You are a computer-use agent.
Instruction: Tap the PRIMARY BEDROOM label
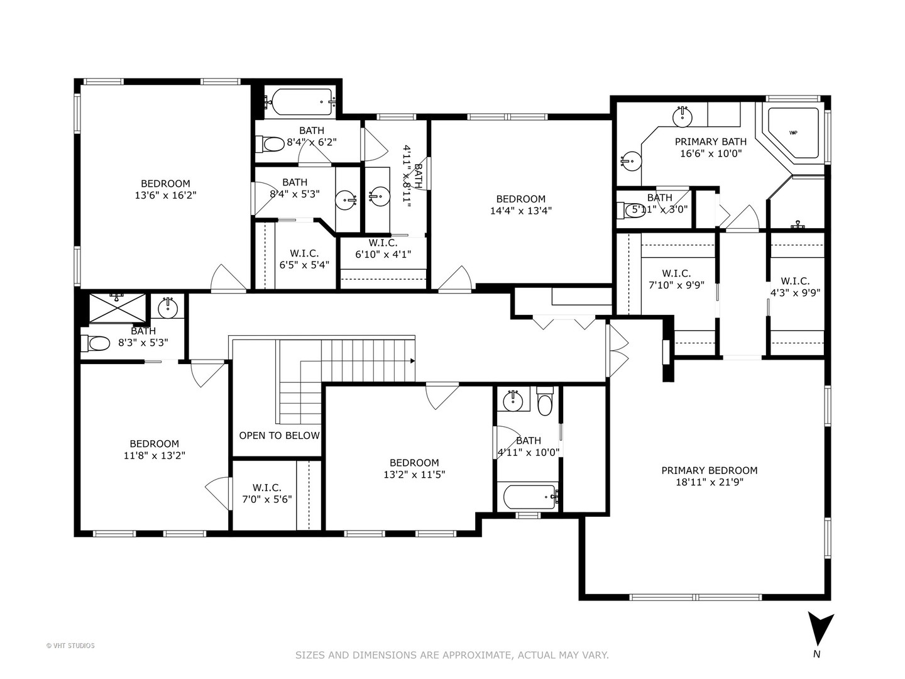click(709, 470)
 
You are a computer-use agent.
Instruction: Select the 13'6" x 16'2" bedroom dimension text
click(165, 196)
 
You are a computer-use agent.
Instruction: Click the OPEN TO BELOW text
click(279, 436)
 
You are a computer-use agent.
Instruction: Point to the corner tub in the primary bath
click(793, 134)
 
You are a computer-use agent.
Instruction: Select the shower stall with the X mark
click(118, 308)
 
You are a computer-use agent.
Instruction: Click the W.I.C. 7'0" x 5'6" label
click(267, 494)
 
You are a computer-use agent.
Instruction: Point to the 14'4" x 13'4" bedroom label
click(520, 205)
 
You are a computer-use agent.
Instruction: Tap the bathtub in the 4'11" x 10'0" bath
click(527, 497)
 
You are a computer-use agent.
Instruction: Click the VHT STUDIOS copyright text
click(70, 646)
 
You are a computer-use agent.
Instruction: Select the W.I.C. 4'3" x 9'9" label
click(795, 287)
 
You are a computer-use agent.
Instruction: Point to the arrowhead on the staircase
click(412, 361)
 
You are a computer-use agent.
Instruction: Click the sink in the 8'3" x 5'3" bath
click(168, 308)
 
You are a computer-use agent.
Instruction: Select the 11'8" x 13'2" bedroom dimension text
click(154, 456)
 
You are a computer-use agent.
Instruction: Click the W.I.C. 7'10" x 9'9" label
click(676, 279)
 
